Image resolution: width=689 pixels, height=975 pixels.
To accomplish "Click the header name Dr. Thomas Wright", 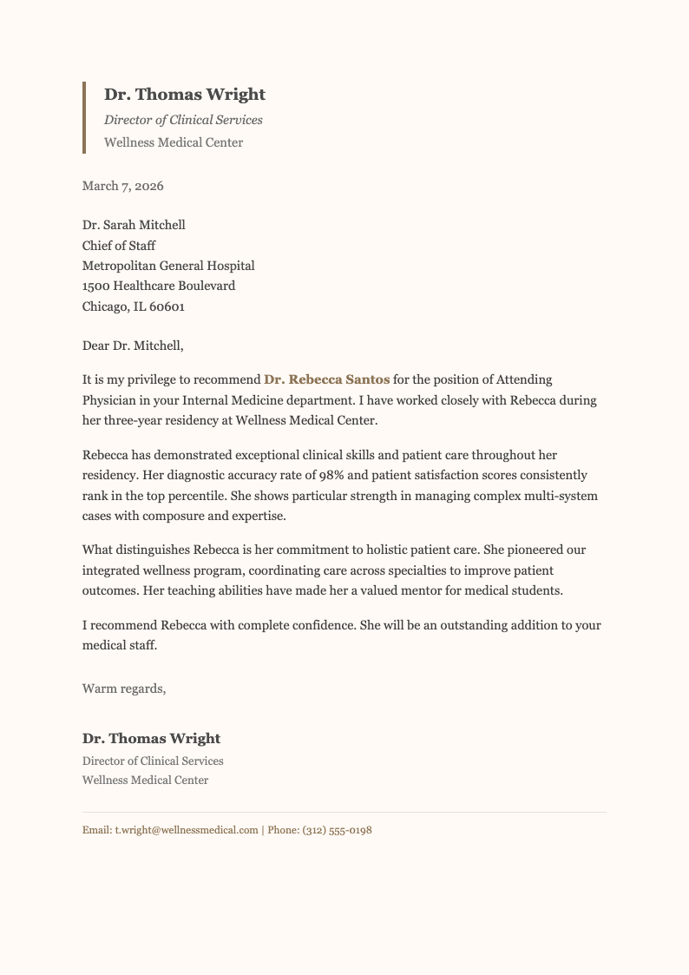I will click(x=185, y=95).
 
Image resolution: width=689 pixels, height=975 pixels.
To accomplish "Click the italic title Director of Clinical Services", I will click(x=183, y=120).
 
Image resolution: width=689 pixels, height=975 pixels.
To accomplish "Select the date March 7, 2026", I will click(x=122, y=186).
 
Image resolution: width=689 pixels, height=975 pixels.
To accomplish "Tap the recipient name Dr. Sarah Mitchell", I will click(x=134, y=225).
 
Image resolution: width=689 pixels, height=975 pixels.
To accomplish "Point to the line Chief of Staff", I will click(x=119, y=246).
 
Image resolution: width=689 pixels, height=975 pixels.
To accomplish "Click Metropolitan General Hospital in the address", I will click(x=168, y=266).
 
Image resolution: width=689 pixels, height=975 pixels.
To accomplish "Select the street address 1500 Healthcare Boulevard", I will click(x=159, y=286).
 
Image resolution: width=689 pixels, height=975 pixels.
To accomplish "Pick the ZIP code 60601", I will click(x=167, y=306).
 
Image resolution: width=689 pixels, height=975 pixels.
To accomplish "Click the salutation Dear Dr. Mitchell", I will click(x=133, y=346).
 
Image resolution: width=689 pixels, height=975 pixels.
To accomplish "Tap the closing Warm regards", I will click(x=123, y=688).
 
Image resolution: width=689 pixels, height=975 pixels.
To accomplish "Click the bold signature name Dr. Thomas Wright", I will click(x=151, y=739).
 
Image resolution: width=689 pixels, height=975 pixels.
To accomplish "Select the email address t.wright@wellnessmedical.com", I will click(x=187, y=831).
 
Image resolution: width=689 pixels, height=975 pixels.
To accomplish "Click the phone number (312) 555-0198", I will click(x=337, y=831).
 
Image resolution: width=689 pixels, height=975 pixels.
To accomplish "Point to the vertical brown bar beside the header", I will click(x=84, y=117).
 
